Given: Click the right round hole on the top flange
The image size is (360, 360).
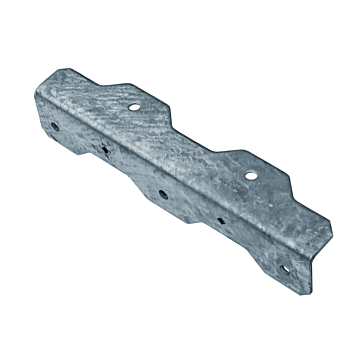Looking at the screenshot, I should [x=251, y=175].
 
